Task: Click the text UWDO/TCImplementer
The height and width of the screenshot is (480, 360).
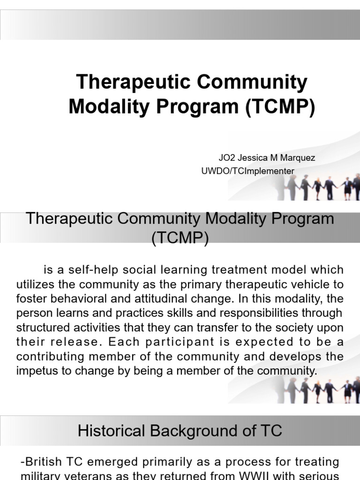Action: click(x=247, y=171)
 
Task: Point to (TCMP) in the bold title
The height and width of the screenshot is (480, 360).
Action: click(x=279, y=106)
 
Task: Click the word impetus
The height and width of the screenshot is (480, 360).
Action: click(x=36, y=371)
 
